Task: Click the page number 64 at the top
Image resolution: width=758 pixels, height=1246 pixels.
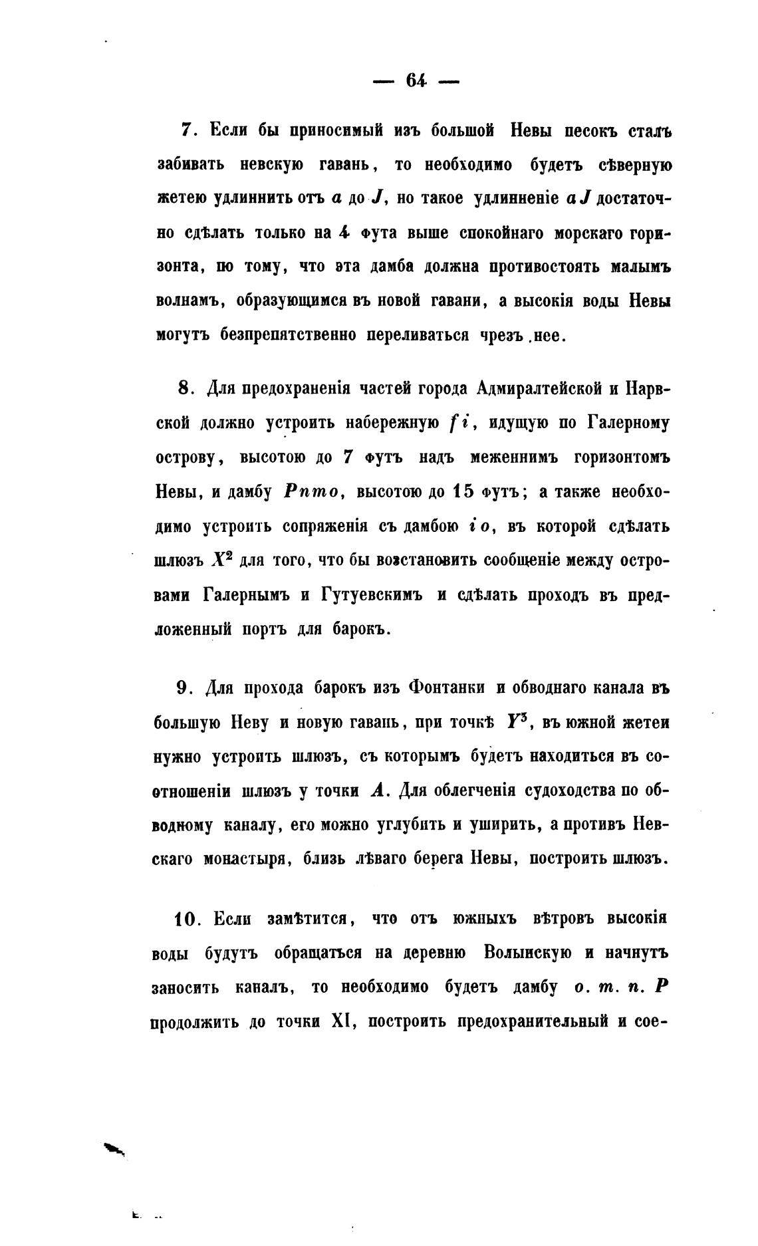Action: [x=416, y=80]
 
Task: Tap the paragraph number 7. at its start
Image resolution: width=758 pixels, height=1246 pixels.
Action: [x=187, y=130]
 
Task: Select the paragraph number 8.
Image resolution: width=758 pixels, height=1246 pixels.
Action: [x=185, y=388]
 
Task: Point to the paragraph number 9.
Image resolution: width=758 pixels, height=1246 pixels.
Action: [x=185, y=687]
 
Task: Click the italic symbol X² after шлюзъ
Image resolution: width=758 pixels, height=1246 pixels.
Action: [x=220, y=560]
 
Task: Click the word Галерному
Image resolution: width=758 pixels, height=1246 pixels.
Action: [x=628, y=423]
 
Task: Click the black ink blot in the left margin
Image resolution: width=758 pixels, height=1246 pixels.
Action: [x=114, y=1148]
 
